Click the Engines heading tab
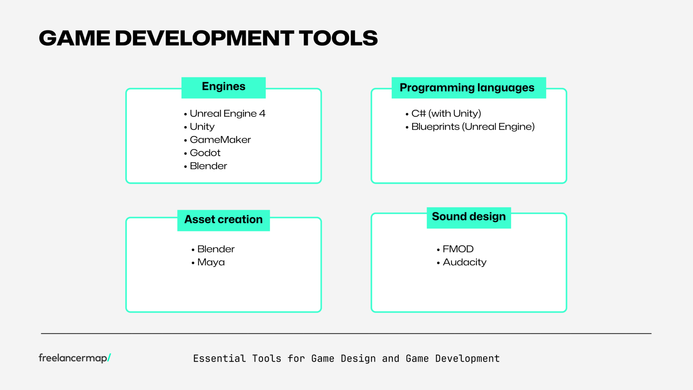tap(223, 87)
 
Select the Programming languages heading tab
tap(468, 88)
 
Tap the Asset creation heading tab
tap(223, 220)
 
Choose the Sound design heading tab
tap(468, 217)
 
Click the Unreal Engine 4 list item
tap(227, 114)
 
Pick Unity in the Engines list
tap(202, 127)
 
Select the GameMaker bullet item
tap(220, 140)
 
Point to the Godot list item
tap(205, 153)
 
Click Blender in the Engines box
tap(208, 166)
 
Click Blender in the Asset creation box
tap(216, 249)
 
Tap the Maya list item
tap(211, 262)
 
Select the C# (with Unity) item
tap(446, 114)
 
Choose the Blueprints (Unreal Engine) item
tap(473, 127)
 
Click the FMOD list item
tap(458, 249)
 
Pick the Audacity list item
tap(465, 262)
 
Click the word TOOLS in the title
tap(338, 38)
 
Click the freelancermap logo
tap(75, 358)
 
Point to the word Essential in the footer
tap(219, 359)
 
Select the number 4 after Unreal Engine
tap(262, 114)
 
